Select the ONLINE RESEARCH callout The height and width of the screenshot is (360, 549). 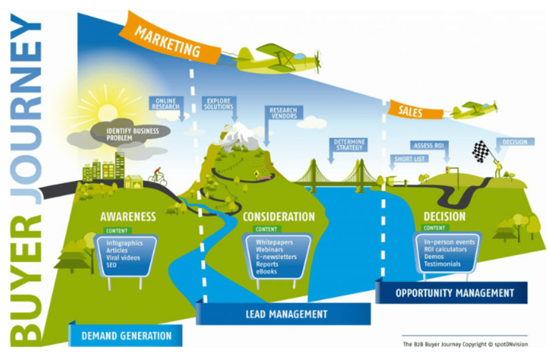165,104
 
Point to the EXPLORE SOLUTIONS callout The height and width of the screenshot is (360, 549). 218,103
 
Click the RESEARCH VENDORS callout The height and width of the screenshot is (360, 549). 283,112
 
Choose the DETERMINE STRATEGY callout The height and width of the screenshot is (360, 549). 349,144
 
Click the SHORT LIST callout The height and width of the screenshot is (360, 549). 410,159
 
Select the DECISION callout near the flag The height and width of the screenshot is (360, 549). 515,142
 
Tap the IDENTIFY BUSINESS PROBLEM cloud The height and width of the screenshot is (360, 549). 120,134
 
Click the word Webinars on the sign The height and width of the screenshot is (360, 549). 268,250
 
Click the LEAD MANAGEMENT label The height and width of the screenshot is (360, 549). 283,314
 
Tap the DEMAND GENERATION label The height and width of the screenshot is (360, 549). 126,335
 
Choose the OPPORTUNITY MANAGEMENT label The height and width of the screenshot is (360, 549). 454,293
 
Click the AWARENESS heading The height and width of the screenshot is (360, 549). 128,217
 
